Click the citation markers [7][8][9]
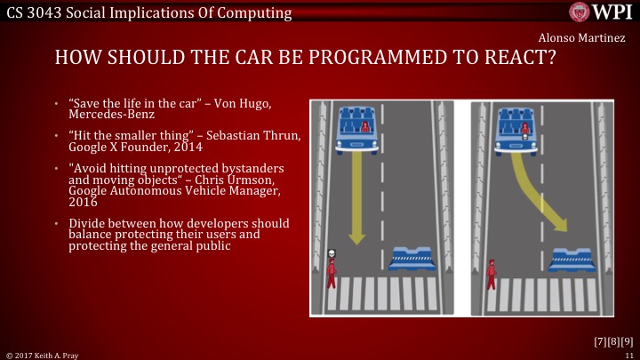(612, 340)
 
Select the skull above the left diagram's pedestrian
(330, 253)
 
